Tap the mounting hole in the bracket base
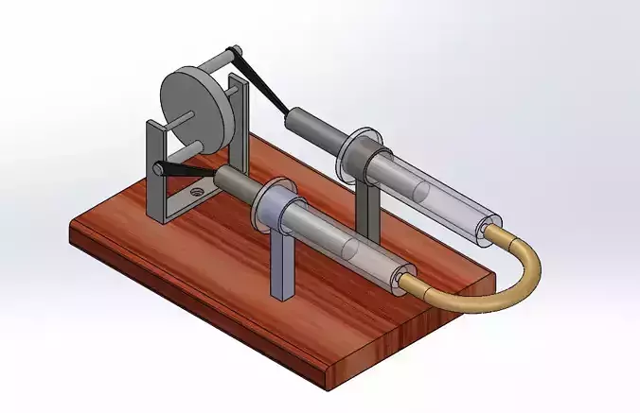tap(196, 190)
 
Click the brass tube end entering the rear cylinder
tap(491, 230)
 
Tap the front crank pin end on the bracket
tap(157, 170)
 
